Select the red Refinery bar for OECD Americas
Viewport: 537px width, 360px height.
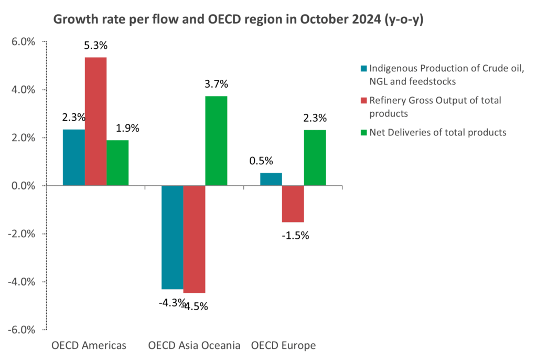[95, 121]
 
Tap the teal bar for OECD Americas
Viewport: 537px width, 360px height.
[73, 157]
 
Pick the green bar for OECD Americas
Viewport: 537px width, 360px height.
[117, 163]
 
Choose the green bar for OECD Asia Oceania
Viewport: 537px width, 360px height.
[216, 141]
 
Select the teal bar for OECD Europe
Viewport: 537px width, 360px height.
[271, 179]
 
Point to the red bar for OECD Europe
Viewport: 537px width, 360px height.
[293, 204]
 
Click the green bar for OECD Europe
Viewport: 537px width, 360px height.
[315, 157]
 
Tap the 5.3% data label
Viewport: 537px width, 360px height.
[95, 46]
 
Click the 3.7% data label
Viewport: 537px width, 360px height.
[217, 84]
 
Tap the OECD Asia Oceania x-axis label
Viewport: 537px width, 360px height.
[194, 346]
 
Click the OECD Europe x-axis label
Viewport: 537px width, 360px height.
[283, 346]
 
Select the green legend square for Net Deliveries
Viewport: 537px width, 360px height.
[363, 132]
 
